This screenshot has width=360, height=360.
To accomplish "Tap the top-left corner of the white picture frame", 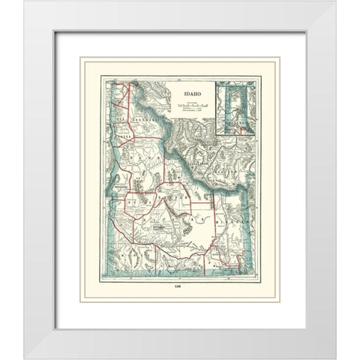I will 24,2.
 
